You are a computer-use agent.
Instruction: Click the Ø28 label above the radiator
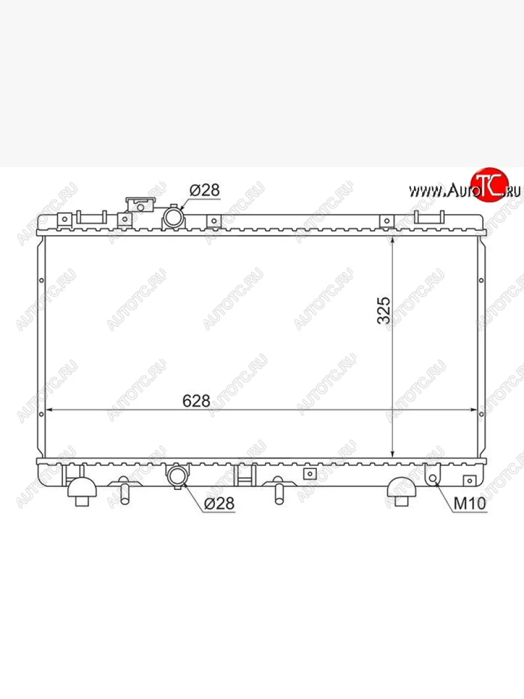click(204, 190)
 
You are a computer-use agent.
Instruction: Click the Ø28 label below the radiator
click(219, 503)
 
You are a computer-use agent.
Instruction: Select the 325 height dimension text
click(383, 310)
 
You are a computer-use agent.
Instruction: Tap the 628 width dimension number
click(196, 401)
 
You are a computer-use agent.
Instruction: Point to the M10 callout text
click(470, 503)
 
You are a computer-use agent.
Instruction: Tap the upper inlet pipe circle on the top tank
click(174, 217)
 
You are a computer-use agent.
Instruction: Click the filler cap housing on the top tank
click(141, 205)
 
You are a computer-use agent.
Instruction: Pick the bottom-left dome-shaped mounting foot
click(82, 491)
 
